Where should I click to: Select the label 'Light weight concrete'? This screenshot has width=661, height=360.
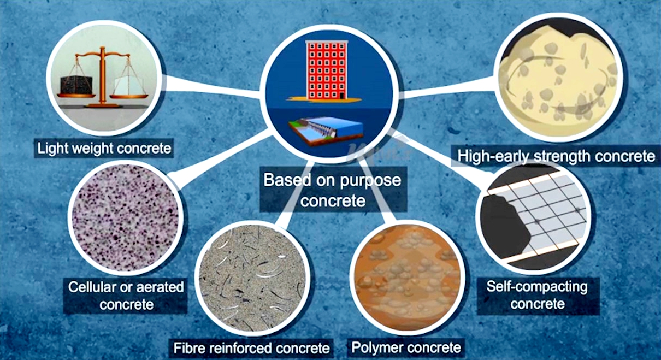(x=104, y=148)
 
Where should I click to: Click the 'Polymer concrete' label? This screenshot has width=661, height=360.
(x=406, y=347)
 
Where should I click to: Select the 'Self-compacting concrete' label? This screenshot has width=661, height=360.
(x=536, y=294)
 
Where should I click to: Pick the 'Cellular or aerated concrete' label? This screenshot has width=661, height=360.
(x=126, y=295)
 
